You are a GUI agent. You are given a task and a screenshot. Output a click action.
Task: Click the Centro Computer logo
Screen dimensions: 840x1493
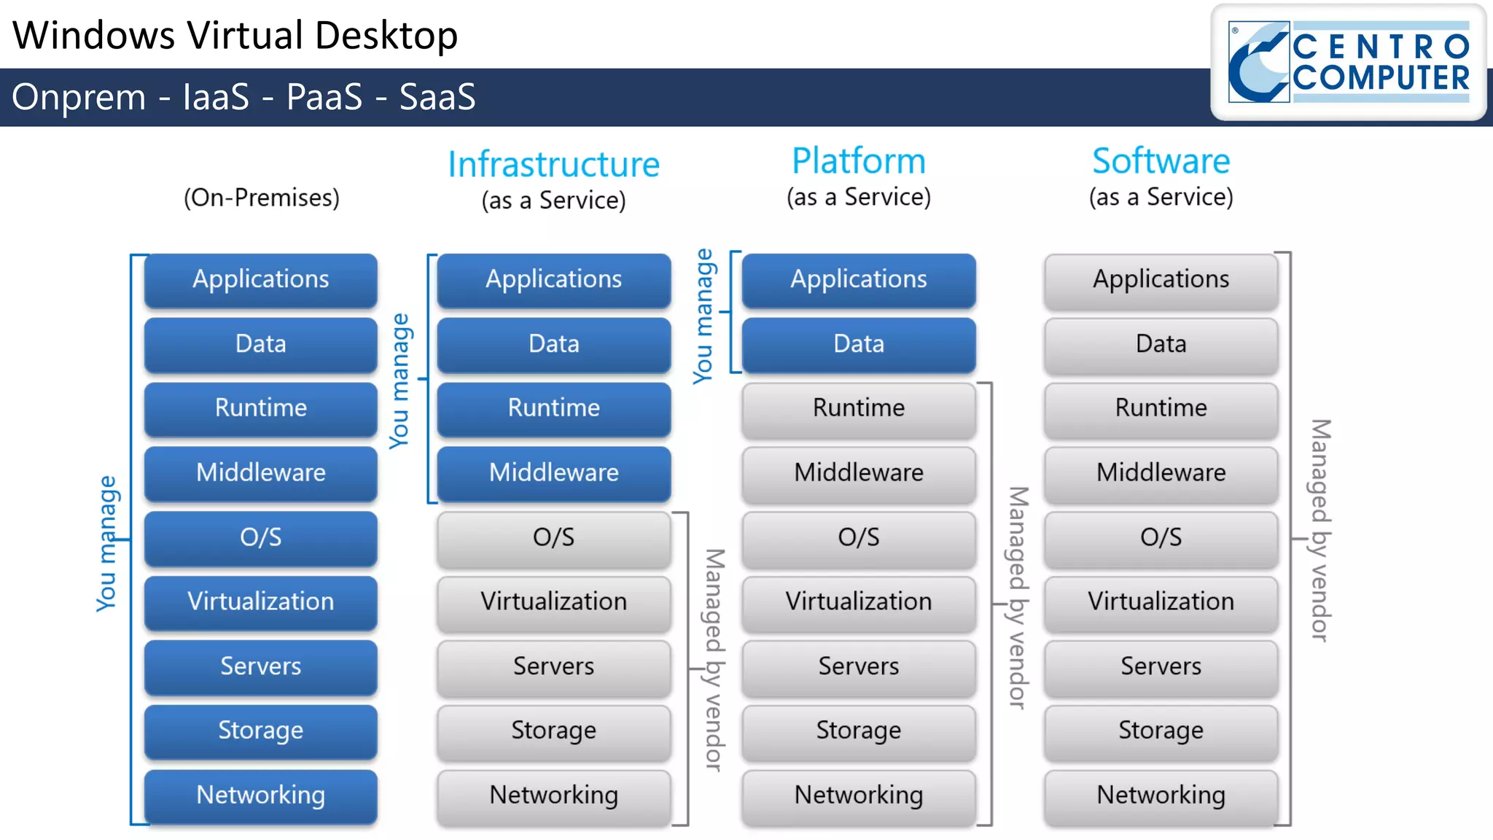1349,62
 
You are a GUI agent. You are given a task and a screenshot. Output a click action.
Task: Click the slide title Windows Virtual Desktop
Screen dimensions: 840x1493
235,35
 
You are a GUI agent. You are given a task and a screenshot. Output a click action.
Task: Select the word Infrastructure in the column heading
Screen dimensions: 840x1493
553,164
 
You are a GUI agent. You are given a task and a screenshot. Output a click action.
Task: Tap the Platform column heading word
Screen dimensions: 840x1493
858,160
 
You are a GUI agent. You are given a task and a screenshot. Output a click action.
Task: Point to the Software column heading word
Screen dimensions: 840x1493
1161,160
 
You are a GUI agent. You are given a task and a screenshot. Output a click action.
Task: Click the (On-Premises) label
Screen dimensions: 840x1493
261,198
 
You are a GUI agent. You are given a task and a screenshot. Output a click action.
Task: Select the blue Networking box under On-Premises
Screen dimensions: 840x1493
260,795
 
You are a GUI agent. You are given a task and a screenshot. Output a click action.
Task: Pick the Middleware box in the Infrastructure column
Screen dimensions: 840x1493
553,472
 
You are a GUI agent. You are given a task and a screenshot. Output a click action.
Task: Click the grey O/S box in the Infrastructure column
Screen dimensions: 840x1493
553,537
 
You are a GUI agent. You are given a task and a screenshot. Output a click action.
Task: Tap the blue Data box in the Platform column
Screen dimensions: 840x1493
858,343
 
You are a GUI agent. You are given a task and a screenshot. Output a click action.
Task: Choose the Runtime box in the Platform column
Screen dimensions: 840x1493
858,408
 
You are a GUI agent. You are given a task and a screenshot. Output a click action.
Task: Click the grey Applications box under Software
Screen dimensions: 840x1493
1161,279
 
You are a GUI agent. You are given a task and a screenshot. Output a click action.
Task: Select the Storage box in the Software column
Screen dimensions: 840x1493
1161,731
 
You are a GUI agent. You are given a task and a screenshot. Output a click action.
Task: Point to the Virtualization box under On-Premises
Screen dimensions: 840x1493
260,602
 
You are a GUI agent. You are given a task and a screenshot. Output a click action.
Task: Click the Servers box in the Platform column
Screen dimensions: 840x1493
858,666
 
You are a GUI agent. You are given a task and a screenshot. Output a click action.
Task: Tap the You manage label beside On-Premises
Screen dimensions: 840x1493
107,543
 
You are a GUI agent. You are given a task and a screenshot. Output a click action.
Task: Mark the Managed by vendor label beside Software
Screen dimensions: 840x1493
1320,530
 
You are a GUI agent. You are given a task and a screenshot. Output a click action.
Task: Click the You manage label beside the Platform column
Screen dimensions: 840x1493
703,316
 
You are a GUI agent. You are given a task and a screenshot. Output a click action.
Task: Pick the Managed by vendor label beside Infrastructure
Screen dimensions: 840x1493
714,660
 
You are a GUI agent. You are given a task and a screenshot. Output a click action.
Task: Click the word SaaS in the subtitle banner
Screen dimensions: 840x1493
437,97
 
